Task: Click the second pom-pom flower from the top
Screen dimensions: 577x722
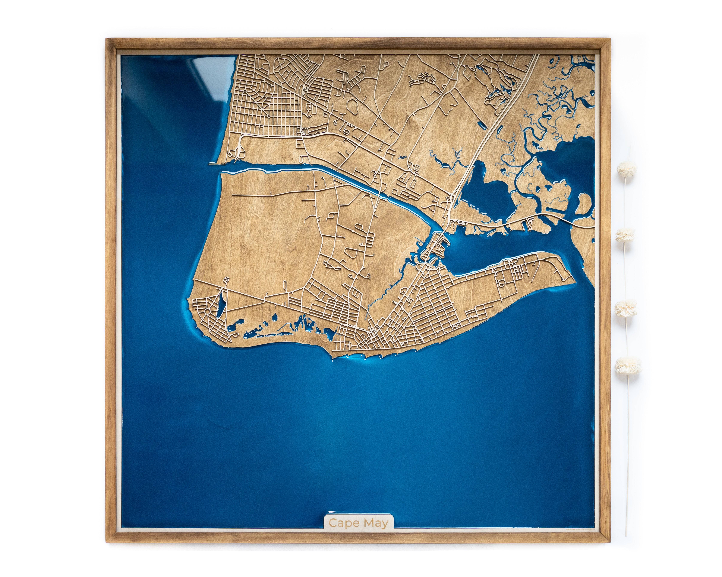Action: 625,235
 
